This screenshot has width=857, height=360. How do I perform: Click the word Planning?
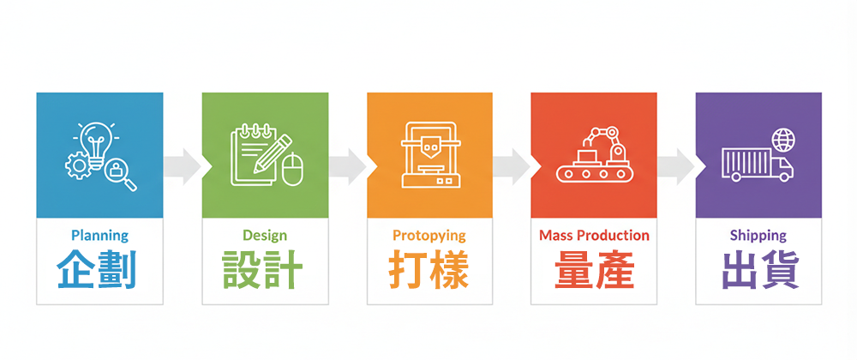(99, 235)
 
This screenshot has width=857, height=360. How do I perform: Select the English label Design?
(265, 235)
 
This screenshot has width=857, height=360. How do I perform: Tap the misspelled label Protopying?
(429, 235)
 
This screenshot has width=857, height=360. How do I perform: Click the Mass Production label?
(594, 235)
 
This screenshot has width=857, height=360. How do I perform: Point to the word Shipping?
(758, 235)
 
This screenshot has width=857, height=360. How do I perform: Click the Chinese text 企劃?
(99, 270)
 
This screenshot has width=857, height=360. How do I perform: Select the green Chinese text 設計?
(265, 270)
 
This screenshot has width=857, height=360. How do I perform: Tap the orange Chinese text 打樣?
(429, 270)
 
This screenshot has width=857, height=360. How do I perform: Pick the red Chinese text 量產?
(594, 270)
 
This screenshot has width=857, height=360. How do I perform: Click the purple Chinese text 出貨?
(758, 270)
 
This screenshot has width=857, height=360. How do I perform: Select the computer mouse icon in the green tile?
(294, 169)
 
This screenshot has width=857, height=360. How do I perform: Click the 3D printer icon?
(429, 155)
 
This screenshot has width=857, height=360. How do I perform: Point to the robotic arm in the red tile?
(607, 142)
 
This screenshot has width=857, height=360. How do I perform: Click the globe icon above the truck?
(782, 140)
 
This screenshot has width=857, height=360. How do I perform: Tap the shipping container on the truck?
(744, 163)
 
